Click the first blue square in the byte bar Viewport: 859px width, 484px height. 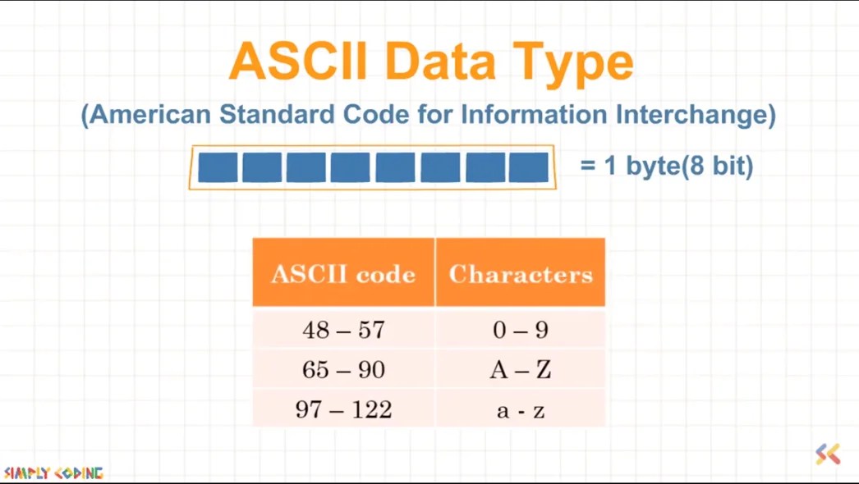point(218,167)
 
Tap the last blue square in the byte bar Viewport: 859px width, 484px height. point(528,167)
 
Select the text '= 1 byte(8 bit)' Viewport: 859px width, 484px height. point(666,167)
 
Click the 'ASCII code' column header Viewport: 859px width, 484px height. point(343,274)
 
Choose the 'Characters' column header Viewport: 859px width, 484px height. point(521,274)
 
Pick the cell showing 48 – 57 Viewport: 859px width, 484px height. point(343,331)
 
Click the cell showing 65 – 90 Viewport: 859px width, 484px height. point(343,370)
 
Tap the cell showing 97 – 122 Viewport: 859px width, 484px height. point(343,409)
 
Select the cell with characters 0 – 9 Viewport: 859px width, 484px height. point(521,331)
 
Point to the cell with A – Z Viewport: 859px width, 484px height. point(521,370)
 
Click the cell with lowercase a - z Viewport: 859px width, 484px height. point(521,410)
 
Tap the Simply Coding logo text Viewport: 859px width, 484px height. point(53,473)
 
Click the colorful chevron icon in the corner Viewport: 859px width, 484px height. point(828,454)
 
